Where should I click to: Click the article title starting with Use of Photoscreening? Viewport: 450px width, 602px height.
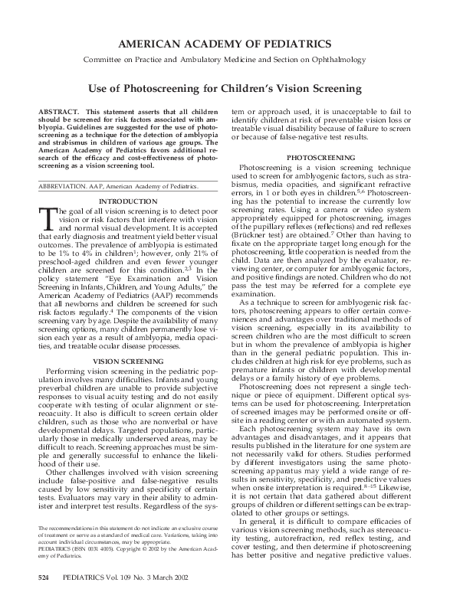[225, 89]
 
